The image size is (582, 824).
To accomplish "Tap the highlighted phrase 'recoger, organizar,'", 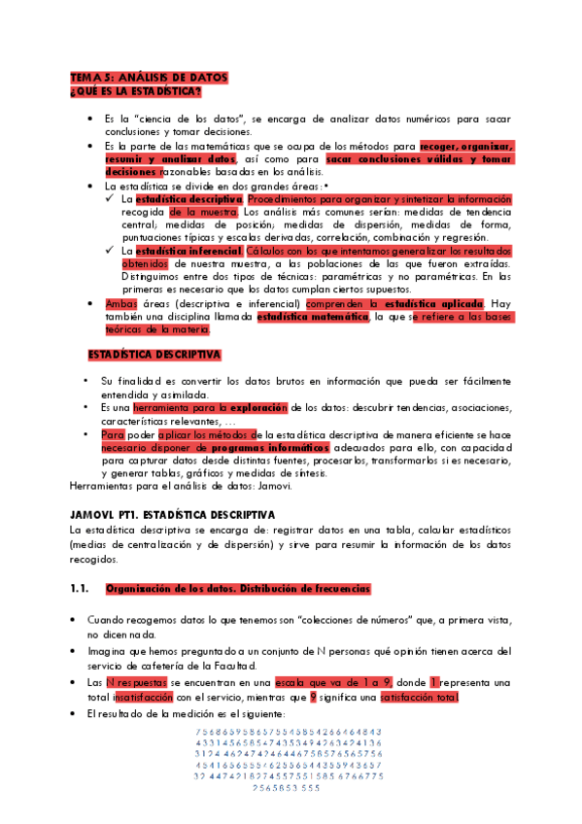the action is pos(466,146).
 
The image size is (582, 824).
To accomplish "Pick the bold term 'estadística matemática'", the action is pos(313,317).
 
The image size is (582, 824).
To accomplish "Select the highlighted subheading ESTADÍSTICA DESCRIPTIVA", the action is pos(154,355).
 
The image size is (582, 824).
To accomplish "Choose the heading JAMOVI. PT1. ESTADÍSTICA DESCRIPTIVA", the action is pos(173,514).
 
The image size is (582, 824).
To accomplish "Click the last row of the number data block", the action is pos(285,788).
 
